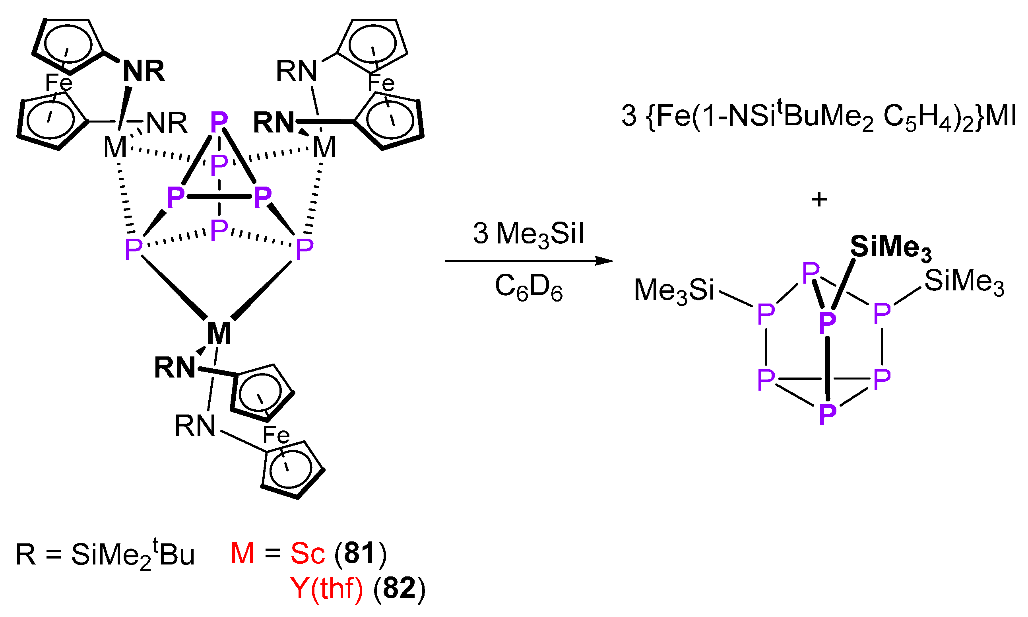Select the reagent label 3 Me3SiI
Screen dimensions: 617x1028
pyautogui.click(x=528, y=234)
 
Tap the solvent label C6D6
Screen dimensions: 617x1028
pyautogui.click(x=528, y=287)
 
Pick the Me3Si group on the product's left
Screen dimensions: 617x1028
pyautogui.click(x=674, y=290)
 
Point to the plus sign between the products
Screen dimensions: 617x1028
pyautogui.click(x=819, y=200)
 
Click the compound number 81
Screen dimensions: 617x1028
pyautogui.click(x=360, y=553)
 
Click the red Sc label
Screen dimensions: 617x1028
pyautogui.click(x=307, y=553)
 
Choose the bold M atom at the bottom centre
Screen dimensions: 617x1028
pyautogui.click(x=219, y=333)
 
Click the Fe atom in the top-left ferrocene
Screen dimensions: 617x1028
pyautogui.click(x=58, y=82)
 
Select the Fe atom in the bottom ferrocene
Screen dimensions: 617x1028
pyautogui.click(x=276, y=435)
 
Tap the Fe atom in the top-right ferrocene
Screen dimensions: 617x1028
pyautogui.click(x=380, y=83)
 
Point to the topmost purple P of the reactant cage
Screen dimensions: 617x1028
pyautogui.click(x=219, y=121)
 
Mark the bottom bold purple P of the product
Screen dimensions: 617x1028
pyautogui.click(x=827, y=414)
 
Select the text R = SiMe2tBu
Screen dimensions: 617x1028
pyautogui.click(x=105, y=554)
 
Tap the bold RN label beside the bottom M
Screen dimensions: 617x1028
pyautogui.click(x=175, y=368)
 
